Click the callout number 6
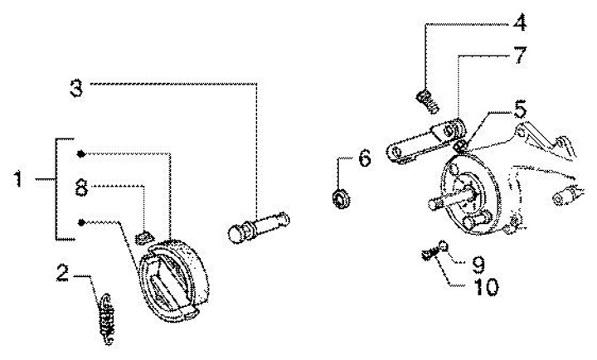[365, 160]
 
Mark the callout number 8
[81, 187]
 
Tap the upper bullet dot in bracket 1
[80, 154]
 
